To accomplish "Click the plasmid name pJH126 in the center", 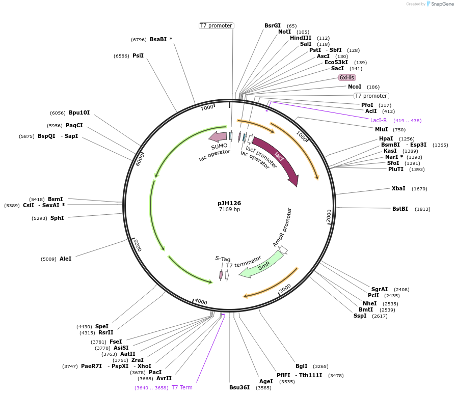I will [x=229, y=203].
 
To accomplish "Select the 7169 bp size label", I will [x=229, y=210].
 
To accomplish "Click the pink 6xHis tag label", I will [x=347, y=77].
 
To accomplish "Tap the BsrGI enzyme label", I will [x=273, y=25].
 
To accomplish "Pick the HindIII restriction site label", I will [x=301, y=38].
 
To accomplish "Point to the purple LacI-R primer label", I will [x=379, y=121].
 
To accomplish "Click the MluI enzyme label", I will [x=382, y=129].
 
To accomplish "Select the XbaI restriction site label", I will [x=398, y=188].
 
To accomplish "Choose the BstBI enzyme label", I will [x=400, y=209].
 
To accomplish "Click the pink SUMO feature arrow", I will [x=218, y=136].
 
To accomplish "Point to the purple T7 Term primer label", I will [x=182, y=387].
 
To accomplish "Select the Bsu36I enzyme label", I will [x=239, y=387].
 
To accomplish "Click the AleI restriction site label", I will [x=65, y=259].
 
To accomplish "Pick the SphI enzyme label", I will [x=57, y=218].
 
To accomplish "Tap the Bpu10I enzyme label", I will [x=79, y=112].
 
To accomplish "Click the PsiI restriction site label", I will [x=138, y=55].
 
